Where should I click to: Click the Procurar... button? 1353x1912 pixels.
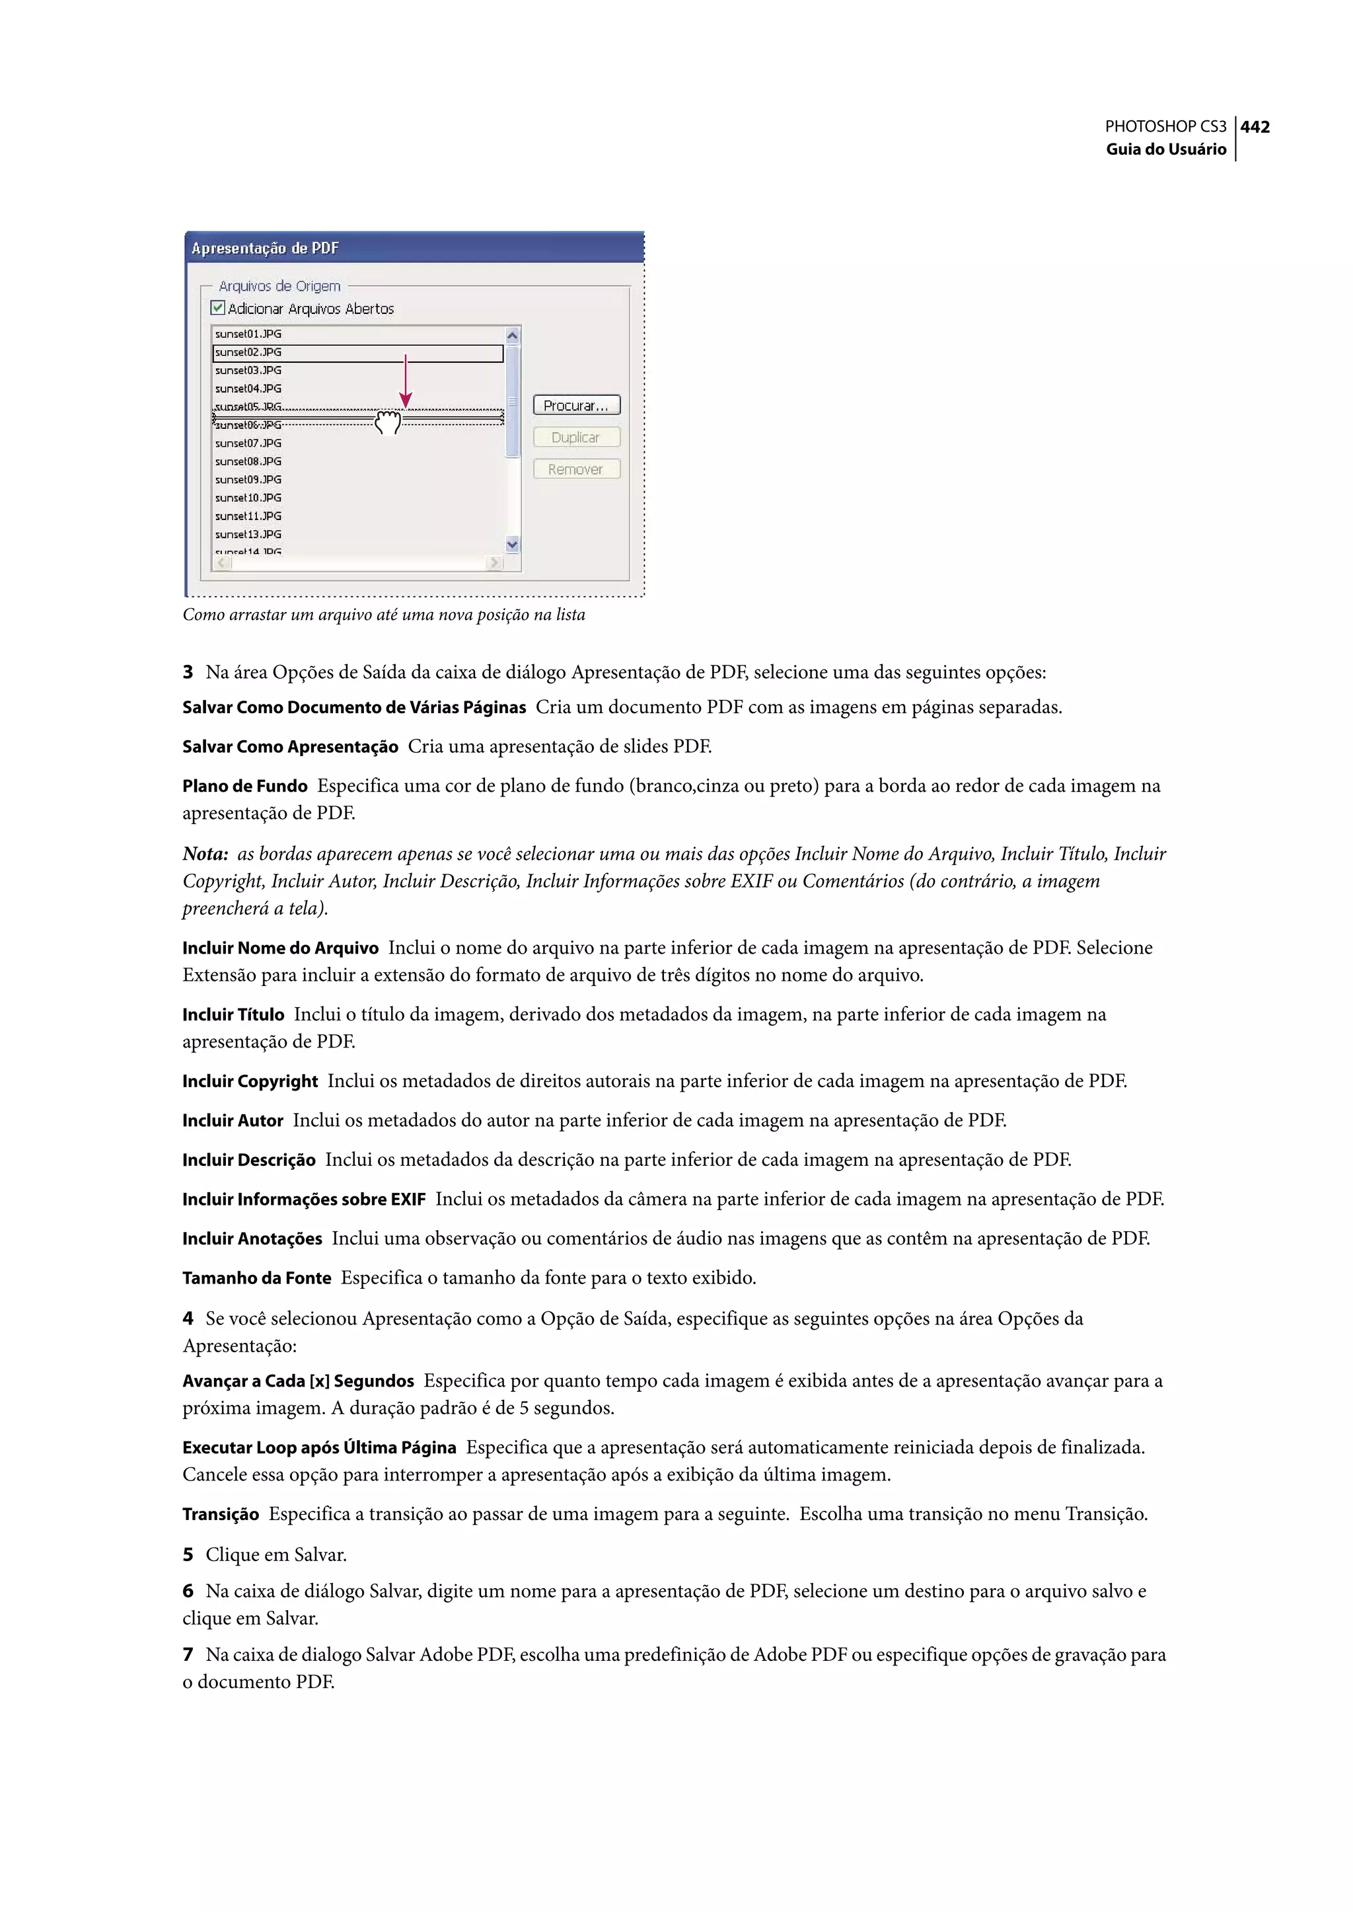pyautogui.click(x=577, y=405)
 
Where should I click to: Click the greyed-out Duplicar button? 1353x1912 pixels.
pyautogui.click(x=577, y=438)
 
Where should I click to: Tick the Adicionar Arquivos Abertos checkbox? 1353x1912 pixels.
pyautogui.click(x=218, y=307)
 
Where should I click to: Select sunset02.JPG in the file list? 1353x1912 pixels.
pyautogui.click(x=248, y=352)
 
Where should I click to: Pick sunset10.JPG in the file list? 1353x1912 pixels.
pyautogui.click(x=248, y=498)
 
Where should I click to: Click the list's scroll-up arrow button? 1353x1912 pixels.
pyautogui.click(x=513, y=335)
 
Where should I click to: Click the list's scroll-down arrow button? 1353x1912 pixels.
pyautogui.click(x=513, y=545)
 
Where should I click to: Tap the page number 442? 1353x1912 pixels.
pyautogui.click(x=1255, y=127)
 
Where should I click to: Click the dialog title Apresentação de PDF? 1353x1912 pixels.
pyautogui.click(x=265, y=249)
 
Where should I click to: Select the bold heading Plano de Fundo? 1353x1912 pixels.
pyautogui.click(x=245, y=786)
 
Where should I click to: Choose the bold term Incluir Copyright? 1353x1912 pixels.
pyautogui.click(x=250, y=1081)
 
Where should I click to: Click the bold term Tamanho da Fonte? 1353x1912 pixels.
pyautogui.click(x=256, y=1278)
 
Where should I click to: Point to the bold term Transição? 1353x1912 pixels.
pyautogui.click(x=221, y=1513)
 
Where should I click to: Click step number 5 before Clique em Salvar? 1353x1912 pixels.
pyautogui.click(x=188, y=1554)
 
